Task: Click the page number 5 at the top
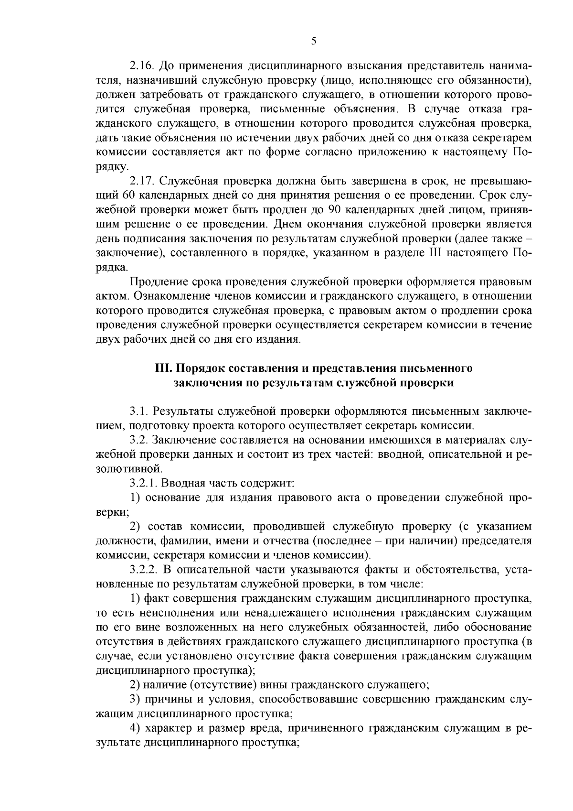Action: tap(313, 41)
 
